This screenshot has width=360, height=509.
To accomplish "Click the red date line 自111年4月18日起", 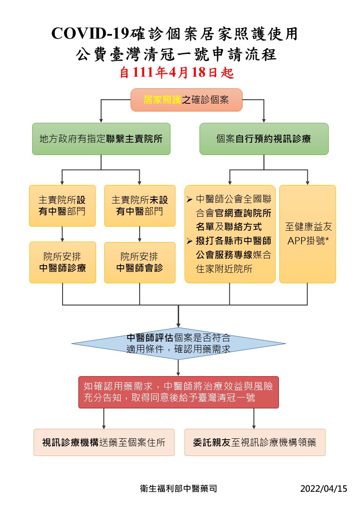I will pyautogui.click(x=177, y=73).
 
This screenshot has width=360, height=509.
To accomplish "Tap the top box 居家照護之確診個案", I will pyautogui.click(x=186, y=100).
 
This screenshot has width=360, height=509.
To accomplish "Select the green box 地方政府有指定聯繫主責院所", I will pyautogui.click(x=101, y=139).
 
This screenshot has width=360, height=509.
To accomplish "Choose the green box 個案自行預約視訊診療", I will pyautogui.click(x=264, y=139).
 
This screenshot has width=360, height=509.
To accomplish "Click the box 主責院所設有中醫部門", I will pyautogui.click(x=62, y=205).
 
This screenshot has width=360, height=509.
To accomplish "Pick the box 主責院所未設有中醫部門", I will pyautogui.click(x=140, y=205).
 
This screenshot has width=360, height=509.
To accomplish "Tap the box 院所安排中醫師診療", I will pyautogui.click(x=63, y=262).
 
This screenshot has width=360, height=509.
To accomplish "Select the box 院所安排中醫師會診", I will pyautogui.click(x=140, y=262).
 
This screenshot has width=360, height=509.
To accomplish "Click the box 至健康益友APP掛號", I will pyautogui.click(x=307, y=234).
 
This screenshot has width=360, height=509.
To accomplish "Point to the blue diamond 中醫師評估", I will pyautogui.click(x=178, y=344).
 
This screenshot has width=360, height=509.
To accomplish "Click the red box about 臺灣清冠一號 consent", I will pyautogui.click(x=178, y=392).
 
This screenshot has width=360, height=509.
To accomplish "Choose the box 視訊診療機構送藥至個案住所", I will pyautogui.click(x=104, y=442).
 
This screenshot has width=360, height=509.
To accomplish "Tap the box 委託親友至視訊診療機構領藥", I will pyautogui.click(x=255, y=442).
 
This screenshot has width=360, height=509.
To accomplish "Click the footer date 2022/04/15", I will pyautogui.click(x=323, y=489).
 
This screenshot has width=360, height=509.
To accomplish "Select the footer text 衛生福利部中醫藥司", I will pyautogui.click(x=179, y=489).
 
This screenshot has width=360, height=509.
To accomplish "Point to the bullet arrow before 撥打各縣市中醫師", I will pyautogui.click(x=190, y=241).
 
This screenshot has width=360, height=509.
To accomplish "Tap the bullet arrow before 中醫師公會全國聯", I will pyautogui.click(x=190, y=199).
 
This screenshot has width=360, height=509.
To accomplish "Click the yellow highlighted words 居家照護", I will pyautogui.click(x=162, y=100).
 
